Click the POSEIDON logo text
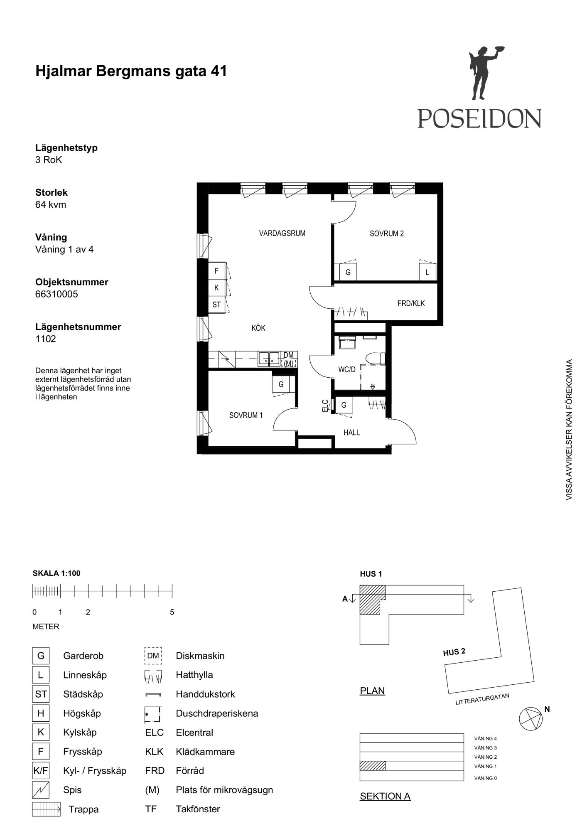coord(479,118)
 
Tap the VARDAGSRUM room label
coord(282,233)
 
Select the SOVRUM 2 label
coord(387,234)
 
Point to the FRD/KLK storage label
coord(411,303)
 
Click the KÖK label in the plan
coord(258,328)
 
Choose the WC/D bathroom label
coord(347,369)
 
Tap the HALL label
coord(351,433)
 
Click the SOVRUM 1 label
coord(246,415)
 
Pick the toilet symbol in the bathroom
coord(376,358)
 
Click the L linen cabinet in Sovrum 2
coord(427,273)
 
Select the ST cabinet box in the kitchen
coord(216,305)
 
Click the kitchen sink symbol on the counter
coord(269,358)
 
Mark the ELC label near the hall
coord(325,406)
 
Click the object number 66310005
coord(56,294)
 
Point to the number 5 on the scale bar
coord(172,612)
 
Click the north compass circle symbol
coord(531,719)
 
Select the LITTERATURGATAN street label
coord(482,699)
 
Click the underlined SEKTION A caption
coord(385,796)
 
